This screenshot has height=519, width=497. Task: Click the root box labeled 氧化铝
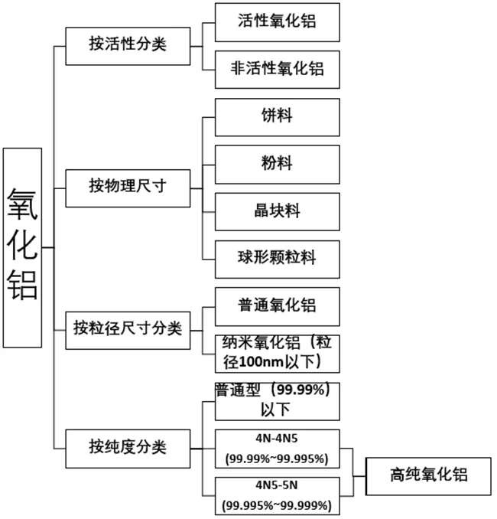(22, 247)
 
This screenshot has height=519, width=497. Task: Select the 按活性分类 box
(128, 47)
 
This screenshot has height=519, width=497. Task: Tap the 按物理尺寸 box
(128, 188)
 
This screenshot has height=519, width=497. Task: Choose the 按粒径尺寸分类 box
(128, 331)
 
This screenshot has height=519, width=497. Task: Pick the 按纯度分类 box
(128, 449)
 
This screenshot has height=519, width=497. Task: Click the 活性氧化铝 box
(277, 22)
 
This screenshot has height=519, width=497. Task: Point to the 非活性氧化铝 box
(277, 70)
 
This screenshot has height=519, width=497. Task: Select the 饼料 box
(277, 117)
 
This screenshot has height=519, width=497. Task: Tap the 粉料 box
(277, 165)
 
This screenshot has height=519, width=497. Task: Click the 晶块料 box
(277, 212)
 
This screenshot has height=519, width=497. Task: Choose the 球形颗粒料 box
(277, 259)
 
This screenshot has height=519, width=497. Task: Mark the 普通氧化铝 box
(277, 307)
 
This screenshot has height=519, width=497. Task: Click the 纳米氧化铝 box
(277, 354)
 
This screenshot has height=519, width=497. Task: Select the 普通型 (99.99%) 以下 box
(277, 401)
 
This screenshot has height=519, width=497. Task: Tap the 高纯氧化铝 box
(428, 476)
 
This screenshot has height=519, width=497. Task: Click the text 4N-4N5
(277, 439)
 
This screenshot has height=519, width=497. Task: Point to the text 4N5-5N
(277, 485)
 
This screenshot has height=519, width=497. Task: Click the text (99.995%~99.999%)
(277, 506)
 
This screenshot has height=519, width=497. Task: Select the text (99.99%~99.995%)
(277, 459)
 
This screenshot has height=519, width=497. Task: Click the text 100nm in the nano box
(261, 362)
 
